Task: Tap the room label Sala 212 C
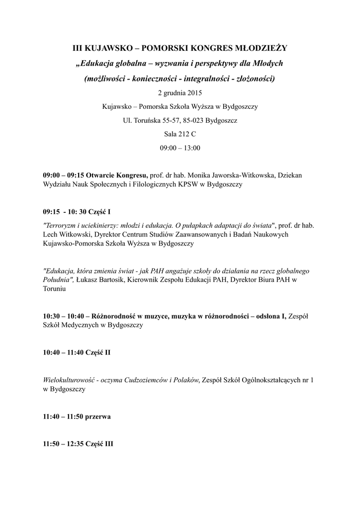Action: pyautogui.click(x=180, y=134)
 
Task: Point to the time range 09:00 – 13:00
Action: pyautogui.click(x=180, y=148)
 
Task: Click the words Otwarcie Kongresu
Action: pyautogui.click(x=117, y=175)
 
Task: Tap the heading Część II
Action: pyautogui.click(x=99, y=352)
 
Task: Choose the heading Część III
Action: pyautogui.click(x=101, y=444)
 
